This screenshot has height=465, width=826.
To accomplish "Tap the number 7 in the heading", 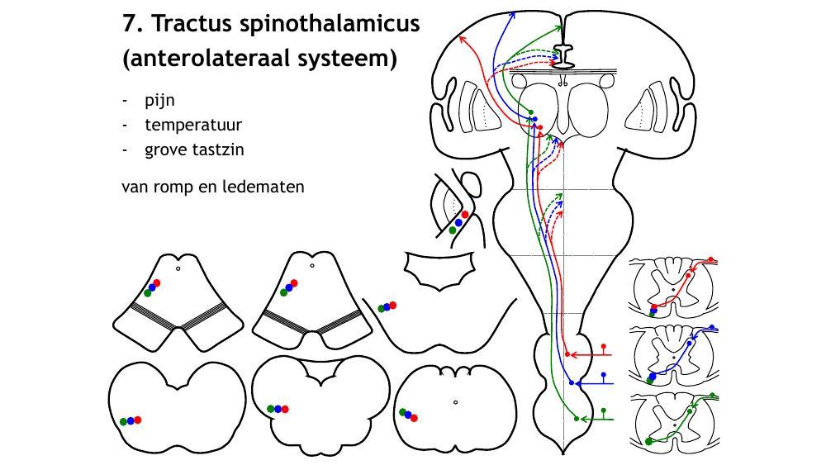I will pos(130,23).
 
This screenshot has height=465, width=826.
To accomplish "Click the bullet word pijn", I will pos(159,100).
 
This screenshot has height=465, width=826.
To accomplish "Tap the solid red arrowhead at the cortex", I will pos(463,38).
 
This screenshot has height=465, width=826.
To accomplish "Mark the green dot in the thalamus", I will pos(530,112).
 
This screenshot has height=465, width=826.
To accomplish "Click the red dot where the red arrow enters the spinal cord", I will pos(567,354).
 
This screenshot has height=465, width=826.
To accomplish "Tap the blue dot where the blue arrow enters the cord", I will pos(572,382).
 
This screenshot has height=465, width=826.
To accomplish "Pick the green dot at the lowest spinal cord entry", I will pos(577,419).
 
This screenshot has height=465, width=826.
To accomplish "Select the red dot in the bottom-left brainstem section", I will pos(138,420).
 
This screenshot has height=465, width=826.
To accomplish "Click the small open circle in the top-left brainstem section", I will pos(178,268).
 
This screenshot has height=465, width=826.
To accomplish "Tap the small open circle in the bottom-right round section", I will pos(455,402).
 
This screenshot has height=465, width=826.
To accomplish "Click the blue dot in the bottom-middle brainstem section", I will pos(278,409).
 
